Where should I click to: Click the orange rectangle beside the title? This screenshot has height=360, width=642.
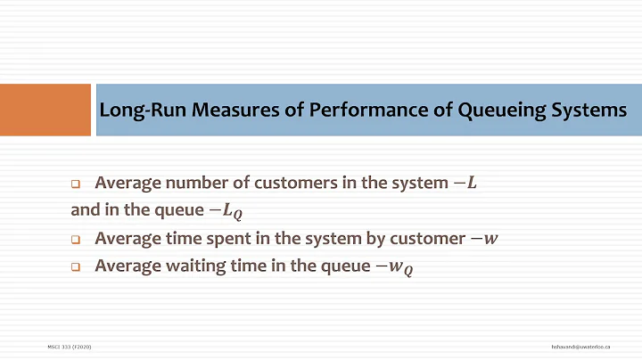point(45,110)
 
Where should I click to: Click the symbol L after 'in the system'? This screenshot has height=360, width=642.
point(472,184)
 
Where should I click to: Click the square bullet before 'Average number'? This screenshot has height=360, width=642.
point(76,184)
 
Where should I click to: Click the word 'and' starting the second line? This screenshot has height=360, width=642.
point(82,211)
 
